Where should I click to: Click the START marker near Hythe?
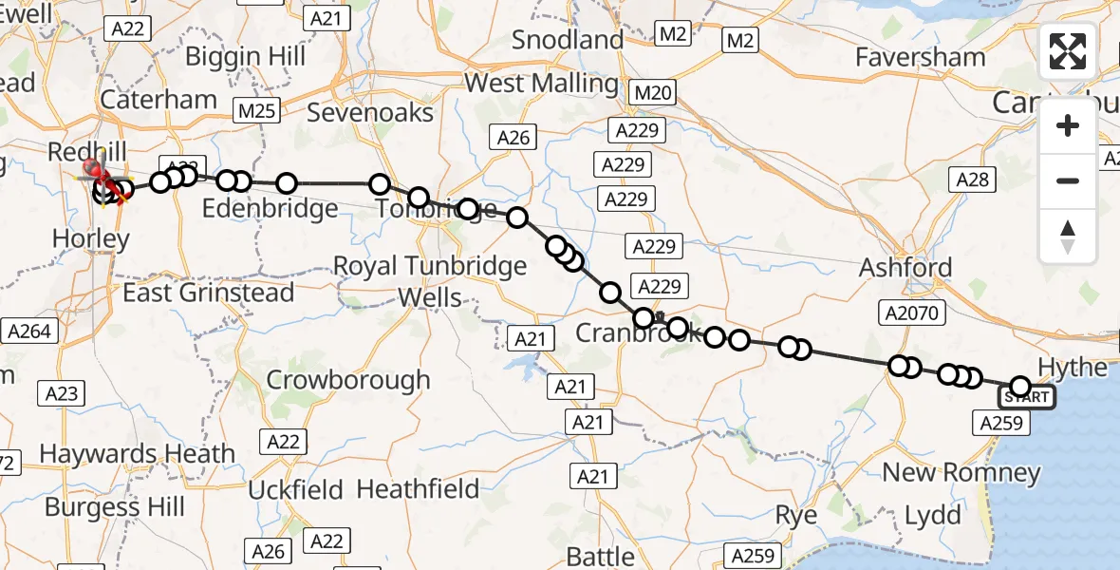click(x=1026, y=396)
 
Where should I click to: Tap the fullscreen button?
click(x=1068, y=51)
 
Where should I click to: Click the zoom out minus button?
click(x=1068, y=180)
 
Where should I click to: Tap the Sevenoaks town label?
click(x=371, y=113)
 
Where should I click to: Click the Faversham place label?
click(x=920, y=58)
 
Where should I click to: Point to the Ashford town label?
click(x=905, y=268)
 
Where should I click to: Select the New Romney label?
click(x=961, y=472)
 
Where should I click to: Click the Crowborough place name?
click(x=348, y=380)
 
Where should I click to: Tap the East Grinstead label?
click(x=209, y=293)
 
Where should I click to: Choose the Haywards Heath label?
click(x=137, y=454)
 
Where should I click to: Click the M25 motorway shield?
click(x=256, y=112)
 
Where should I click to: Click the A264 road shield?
click(x=31, y=332)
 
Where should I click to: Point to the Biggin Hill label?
click(x=245, y=56)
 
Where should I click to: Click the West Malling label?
click(x=541, y=83)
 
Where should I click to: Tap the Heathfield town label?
click(x=418, y=489)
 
